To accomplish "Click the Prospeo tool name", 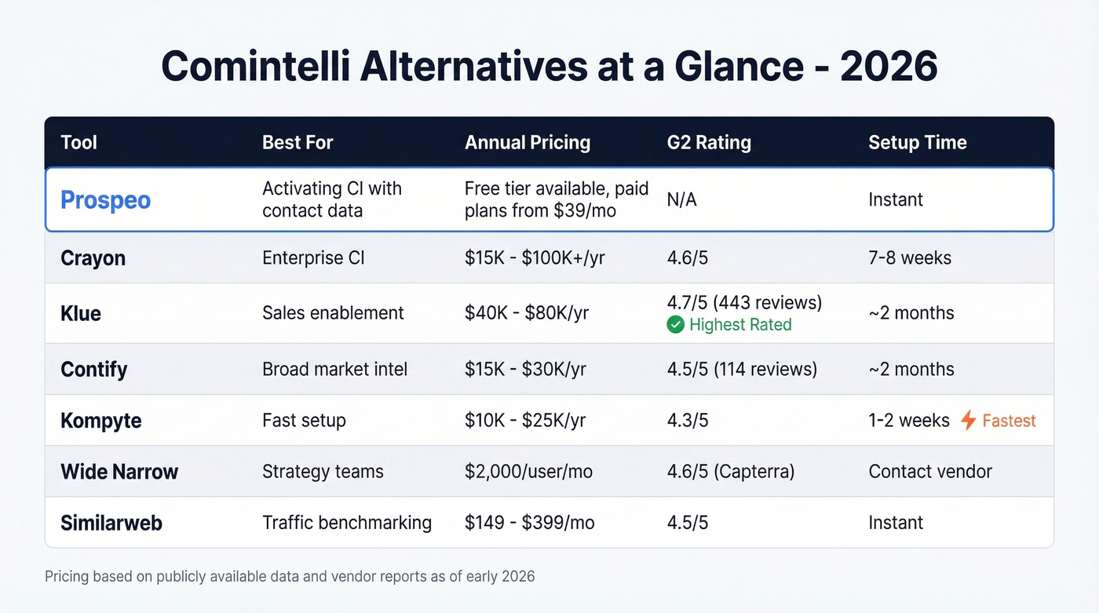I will coord(105,199).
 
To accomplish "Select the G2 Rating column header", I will coord(708,143).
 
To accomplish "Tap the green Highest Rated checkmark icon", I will coord(675,325).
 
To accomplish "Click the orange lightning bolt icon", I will coord(969,421).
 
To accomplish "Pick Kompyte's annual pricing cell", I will coord(524,421).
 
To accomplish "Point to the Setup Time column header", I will coord(917,143).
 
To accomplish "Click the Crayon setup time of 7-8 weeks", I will coord(909,258).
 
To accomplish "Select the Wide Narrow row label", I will coord(119,472).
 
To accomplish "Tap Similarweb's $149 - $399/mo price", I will coord(529,523).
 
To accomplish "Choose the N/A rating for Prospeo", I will coord(681,200).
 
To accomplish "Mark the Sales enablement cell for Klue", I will coord(333,313).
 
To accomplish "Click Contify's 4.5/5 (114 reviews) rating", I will coord(741,370).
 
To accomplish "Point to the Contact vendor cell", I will coord(929,472).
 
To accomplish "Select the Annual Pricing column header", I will coord(527,143).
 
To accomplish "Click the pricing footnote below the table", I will coord(290,577).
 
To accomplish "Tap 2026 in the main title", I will coord(888,68).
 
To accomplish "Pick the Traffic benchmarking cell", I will coord(346,523).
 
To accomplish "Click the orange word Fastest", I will coord(1009,421).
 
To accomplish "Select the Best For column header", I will coord(298,143).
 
